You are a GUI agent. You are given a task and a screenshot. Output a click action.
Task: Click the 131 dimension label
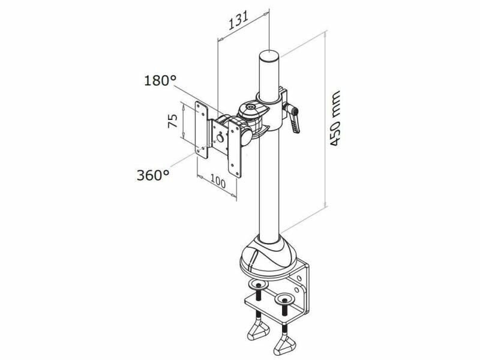click(x=238, y=20)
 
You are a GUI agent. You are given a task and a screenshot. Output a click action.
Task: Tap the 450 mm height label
click(x=335, y=118)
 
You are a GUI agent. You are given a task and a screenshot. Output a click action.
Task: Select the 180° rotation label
click(x=160, y=80)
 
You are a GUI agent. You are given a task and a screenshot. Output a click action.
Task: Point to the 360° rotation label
click(x=153, y=175)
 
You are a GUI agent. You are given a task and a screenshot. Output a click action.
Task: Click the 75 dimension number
click(x=172, y=121)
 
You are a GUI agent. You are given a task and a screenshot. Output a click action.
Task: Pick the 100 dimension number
click(x=218, y=182)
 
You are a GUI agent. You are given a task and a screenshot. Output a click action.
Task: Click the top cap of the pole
click(x=269, y=56)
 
